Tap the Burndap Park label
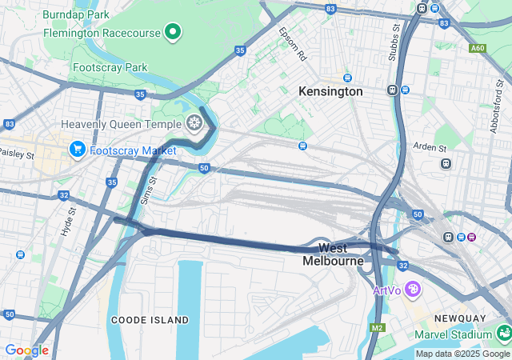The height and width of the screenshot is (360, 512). click(x=77, y=15)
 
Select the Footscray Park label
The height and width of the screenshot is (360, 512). click(x=110, y=68)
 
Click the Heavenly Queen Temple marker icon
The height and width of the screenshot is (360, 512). click(x=193, y=122)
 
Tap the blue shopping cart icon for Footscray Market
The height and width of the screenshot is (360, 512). click(x=78, y=149)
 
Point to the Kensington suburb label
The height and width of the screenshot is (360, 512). click(x=330, y=92)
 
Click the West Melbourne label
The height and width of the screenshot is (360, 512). click(x=333, y=254)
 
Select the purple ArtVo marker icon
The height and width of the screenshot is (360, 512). click(x=413, y=289)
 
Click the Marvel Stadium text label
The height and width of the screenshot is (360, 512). click(x=452, y=334)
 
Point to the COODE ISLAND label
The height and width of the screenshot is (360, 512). click(x=150, y=320)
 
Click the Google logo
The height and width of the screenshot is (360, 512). click(x=26, y=350)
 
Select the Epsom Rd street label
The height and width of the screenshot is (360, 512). click(x=292, y=45)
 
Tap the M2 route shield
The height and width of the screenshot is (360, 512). click(x=378, y=328)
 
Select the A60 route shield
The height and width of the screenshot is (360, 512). click(x=478, y=49)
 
